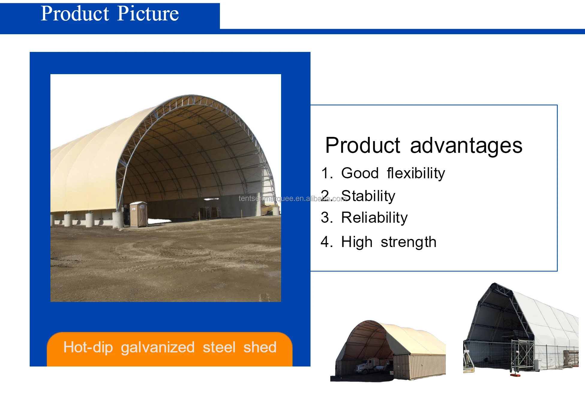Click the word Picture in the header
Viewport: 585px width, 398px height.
(148, 14)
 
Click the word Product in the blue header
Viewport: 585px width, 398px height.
(75, 14)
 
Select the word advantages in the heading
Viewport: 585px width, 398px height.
(466, 146)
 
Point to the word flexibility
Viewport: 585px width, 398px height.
(416, 173)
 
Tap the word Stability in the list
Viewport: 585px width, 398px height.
(368, 196)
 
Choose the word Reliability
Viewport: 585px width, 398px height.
(374, 218)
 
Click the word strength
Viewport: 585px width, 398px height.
(408, 242)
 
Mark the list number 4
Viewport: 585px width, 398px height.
(326, 242)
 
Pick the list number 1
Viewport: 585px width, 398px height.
(326, 173)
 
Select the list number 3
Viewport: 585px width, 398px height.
(326, 218)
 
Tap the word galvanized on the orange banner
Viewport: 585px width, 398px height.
(158, 348)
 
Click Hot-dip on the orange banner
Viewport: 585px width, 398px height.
(88, 347)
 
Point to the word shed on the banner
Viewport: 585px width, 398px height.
(260, 347)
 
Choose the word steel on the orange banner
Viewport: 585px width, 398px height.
(219, 347)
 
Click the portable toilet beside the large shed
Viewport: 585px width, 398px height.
(139, 214)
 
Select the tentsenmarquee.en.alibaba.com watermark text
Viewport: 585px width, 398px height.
(292, 198)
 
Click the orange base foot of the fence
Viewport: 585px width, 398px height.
(515, 375)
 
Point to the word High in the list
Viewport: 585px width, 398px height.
(357, 242)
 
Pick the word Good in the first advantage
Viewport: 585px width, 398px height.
(360, 173)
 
